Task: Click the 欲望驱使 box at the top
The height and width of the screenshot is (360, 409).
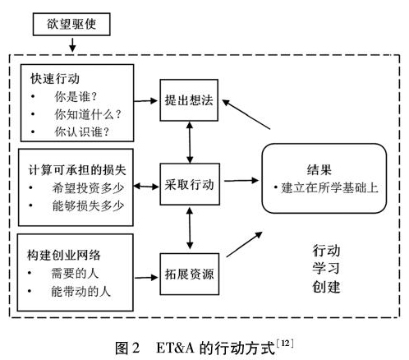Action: click(71, 24)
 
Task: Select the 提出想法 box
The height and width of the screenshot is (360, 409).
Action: click(189, 100)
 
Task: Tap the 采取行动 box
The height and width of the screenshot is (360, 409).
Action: click(190, 184)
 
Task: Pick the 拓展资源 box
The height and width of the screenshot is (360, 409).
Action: click(190, 274)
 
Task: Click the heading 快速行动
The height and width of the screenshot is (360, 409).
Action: click(55, 79)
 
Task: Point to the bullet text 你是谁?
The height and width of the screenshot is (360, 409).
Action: click(76, 96)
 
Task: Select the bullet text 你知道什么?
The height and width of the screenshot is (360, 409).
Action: click(88, 114)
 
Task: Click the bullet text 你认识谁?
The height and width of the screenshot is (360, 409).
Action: click(82, 132)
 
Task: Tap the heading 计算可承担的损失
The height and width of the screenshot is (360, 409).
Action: click(77, 170)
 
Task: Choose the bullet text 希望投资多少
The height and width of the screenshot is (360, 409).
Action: click(88, 187)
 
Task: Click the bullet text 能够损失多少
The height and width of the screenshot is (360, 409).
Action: click(88, 205)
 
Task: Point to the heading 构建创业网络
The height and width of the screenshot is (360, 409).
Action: click(63, 255)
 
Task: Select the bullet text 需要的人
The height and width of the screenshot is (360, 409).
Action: click(75, 273)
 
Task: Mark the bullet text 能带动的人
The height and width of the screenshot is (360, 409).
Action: click(80, 291)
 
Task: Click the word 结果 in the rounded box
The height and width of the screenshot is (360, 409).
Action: click(319, 169)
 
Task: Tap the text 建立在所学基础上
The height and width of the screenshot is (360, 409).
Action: click(329, 188)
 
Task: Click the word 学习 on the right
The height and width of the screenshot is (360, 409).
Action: click(326, 268)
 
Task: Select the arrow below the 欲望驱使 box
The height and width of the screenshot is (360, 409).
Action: click(72, 45)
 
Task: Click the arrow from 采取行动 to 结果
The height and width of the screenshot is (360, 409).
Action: click(241, 181)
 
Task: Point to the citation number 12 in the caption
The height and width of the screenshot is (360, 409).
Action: click(285, 343)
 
